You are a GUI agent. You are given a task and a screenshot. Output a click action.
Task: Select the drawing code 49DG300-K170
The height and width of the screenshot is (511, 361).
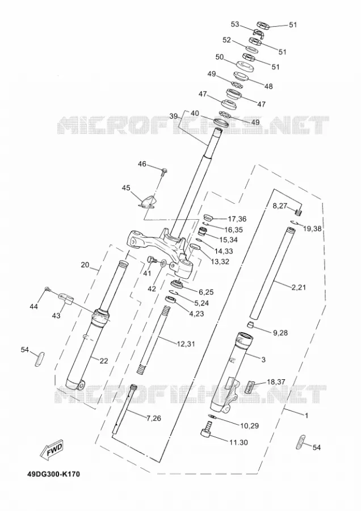(x=53, y=474)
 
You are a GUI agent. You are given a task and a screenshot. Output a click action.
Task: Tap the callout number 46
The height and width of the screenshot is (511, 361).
(x=142, y=164)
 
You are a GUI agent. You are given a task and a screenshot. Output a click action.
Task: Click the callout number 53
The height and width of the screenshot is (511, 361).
(x=235, y=24)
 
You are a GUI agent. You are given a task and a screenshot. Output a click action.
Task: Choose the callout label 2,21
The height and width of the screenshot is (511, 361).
(x=299, y=287)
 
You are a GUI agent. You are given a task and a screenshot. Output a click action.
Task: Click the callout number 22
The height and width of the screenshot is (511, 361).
(x=104, y=361)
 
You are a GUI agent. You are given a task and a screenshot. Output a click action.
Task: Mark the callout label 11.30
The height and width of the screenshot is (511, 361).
(x=238, y=442)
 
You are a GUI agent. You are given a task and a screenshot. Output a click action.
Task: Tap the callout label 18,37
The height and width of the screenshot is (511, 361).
(x=276, y=382)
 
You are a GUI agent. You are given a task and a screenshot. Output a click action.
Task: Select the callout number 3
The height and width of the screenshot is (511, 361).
(x=263, y=359)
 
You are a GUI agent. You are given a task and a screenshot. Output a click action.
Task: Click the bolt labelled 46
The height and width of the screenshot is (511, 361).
(x=164, y=170)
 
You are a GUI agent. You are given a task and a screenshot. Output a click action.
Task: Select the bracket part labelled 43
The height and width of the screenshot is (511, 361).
(x=66, y=298)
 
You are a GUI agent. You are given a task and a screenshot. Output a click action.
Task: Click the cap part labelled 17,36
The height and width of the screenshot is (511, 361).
(x=207, y=217)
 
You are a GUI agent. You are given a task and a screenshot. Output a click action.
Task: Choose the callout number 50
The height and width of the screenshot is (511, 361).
(x=220, y=57)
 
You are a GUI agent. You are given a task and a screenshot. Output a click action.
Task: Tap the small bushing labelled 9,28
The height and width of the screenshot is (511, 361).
(x=249, y=325)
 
